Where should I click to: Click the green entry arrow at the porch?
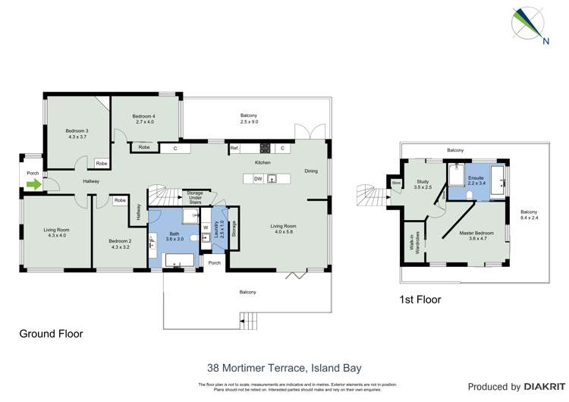33,183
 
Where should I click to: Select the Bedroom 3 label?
77,133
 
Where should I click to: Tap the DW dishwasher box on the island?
258,179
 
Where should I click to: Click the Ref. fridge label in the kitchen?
235,147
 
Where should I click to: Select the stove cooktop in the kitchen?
265,147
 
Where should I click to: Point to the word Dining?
311,171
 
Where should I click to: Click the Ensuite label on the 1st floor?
476,179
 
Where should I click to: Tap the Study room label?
423,183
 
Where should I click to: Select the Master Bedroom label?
476,236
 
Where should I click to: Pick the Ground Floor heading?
51,333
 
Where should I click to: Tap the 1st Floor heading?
420,300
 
